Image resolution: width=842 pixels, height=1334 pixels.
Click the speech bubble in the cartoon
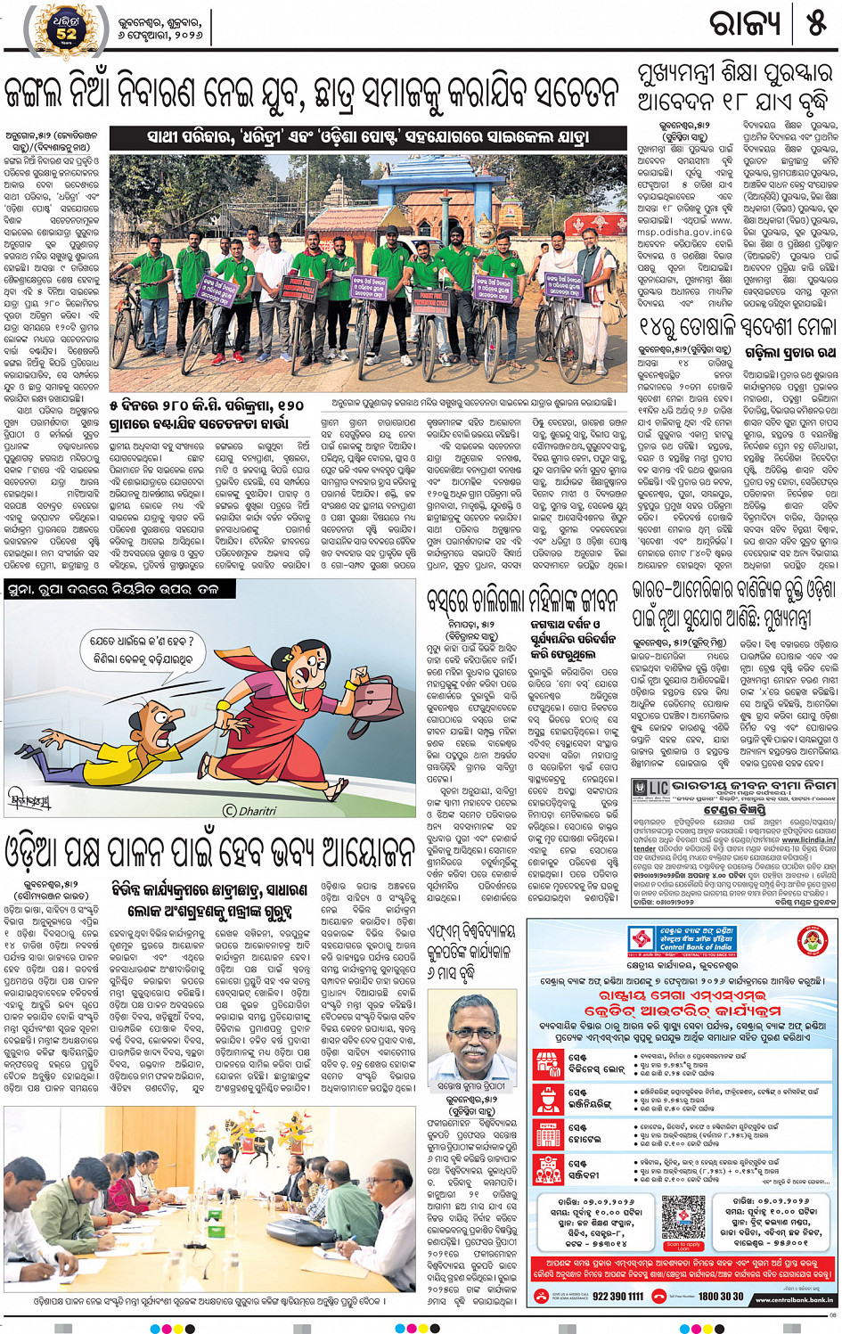click(x=143, y=650)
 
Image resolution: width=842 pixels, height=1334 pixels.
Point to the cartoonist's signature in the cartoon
click(x=29, y=799)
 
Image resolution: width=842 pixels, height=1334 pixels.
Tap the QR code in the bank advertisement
click(x=683, y=1215)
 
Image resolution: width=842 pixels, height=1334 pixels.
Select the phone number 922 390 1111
click(x=617, y=1297)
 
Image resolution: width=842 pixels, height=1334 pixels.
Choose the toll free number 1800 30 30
click(x=720, y=1297)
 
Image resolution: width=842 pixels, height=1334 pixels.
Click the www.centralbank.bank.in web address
click(x=796, y=1300)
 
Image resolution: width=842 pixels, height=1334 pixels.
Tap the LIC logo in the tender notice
click(x=650, y=789)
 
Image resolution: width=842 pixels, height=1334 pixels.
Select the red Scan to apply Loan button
click(x=683, y=1247)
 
